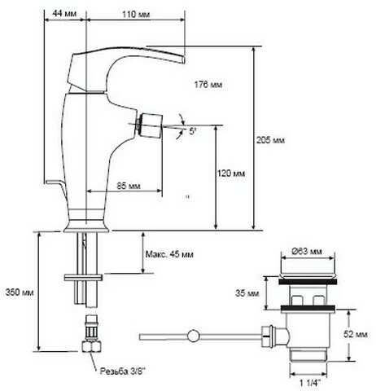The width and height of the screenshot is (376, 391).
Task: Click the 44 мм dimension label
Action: tap(64, 13)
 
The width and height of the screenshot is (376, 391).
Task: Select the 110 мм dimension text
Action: tap(136, 14)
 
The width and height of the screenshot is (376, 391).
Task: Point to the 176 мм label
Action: tap(208, 85)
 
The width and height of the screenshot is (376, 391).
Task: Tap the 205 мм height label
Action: tap(270, 140)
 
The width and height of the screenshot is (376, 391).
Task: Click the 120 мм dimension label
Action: tap(231, 174)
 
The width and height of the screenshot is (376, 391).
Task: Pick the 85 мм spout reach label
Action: tap(129, 186)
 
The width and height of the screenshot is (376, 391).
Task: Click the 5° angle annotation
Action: tap(192, 132)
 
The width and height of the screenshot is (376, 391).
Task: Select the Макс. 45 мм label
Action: tap(169, 254)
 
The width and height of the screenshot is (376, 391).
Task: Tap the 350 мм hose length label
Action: tap(20, 292)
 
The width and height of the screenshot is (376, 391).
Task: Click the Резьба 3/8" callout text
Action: tap(123, 371)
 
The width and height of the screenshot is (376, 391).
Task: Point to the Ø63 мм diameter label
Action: tap(307, 252)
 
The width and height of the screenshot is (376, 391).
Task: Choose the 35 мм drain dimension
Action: tap(247, 293)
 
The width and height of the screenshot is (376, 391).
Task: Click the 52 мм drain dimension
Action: tap(356, 334)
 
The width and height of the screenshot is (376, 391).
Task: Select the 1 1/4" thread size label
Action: tap(310, 383)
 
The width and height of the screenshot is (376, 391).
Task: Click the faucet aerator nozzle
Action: tap(150, 125)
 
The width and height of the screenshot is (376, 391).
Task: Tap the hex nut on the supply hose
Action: tap(92, 347)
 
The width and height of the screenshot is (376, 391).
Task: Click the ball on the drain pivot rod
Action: tap(193, 336)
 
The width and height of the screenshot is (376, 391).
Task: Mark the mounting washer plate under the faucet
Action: tap(83, 278)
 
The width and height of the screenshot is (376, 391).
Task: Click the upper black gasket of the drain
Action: tap(308, 282)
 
